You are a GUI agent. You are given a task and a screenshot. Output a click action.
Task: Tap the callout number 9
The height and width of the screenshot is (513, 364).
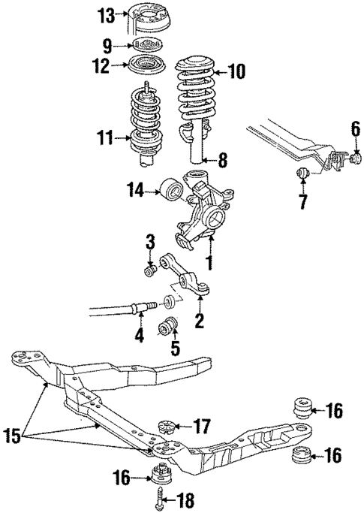(x=107, y=44)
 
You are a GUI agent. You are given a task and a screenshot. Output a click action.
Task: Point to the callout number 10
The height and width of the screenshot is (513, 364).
(x=236, y=72)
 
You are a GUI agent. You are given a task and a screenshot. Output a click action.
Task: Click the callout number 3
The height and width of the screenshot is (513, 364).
(x=150, y=241)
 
